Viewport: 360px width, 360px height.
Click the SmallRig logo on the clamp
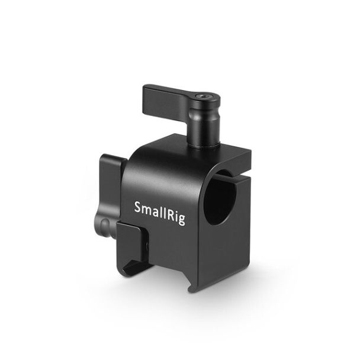[159, 213]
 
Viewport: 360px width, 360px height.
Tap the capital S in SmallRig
[138, 207]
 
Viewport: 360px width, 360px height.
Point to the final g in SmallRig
[181, 220]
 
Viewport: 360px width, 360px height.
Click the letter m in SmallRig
[147, 210]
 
